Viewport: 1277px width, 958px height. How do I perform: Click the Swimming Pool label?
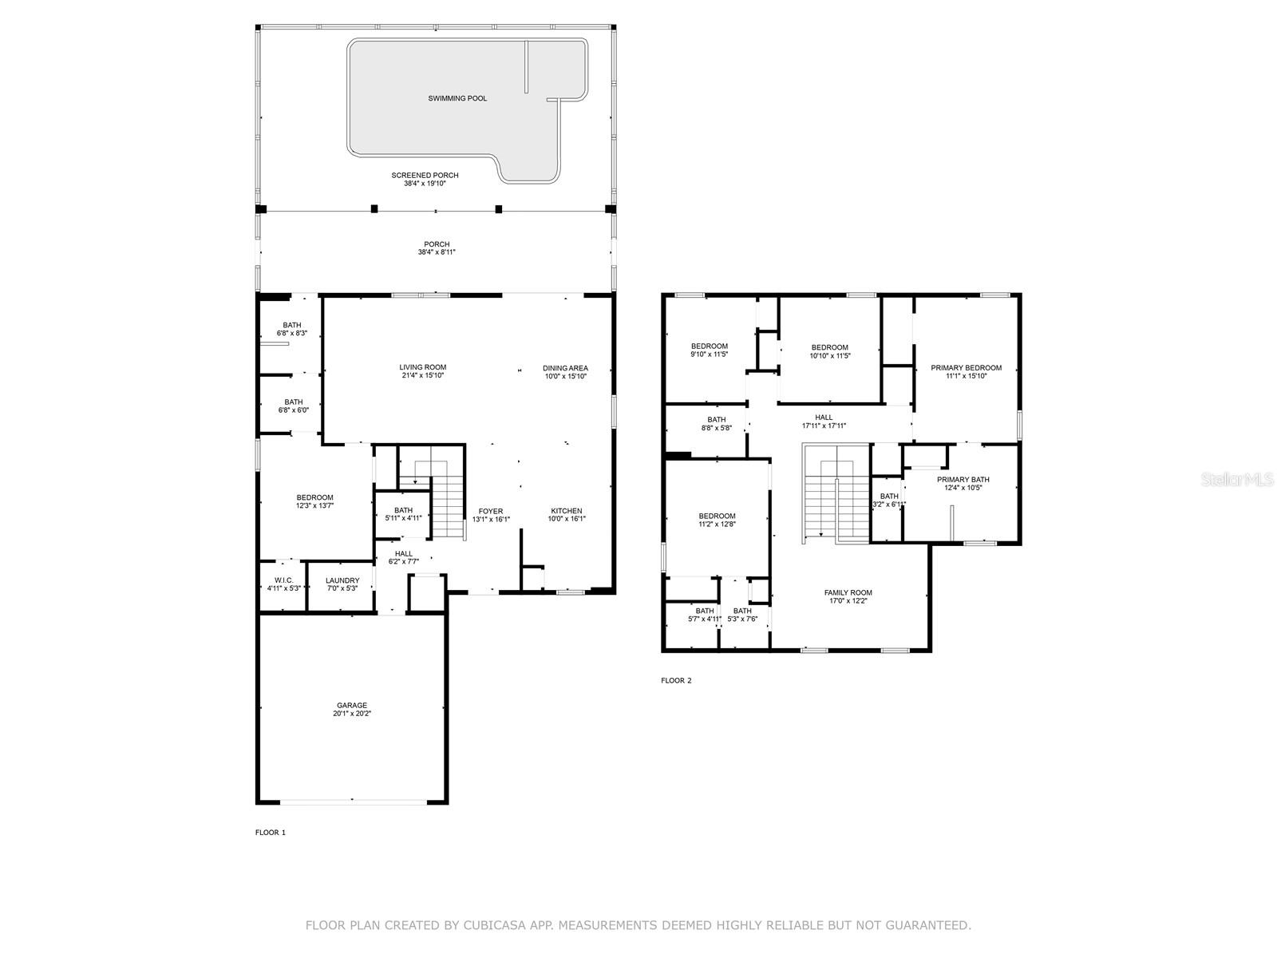click(x=457, y=98)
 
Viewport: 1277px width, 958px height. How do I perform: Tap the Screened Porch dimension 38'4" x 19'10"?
click(x=425, y=184)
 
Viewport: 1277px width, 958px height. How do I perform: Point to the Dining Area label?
click(x=566, y=368)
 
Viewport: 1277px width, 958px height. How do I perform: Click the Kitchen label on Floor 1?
click(x=566, y=511)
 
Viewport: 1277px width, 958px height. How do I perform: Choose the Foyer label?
click(x=491, y=511)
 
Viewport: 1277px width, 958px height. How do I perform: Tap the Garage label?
click(x=352, y=705)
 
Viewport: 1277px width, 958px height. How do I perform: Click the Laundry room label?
click(x=342, y=580)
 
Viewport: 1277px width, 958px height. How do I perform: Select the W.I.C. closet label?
click(x=283, y=580)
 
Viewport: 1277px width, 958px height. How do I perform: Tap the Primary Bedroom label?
click(x=966, y=368)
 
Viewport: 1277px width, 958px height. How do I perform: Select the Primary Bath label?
click(x=963, y=480)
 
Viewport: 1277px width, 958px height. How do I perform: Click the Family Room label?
click(x=848, y=592)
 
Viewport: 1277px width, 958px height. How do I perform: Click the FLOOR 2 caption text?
click(x=676, y=681)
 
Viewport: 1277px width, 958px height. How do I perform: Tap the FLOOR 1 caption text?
click(x=270, y=833)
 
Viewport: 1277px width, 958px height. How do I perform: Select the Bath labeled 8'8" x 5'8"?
click(x=716, y=419)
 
